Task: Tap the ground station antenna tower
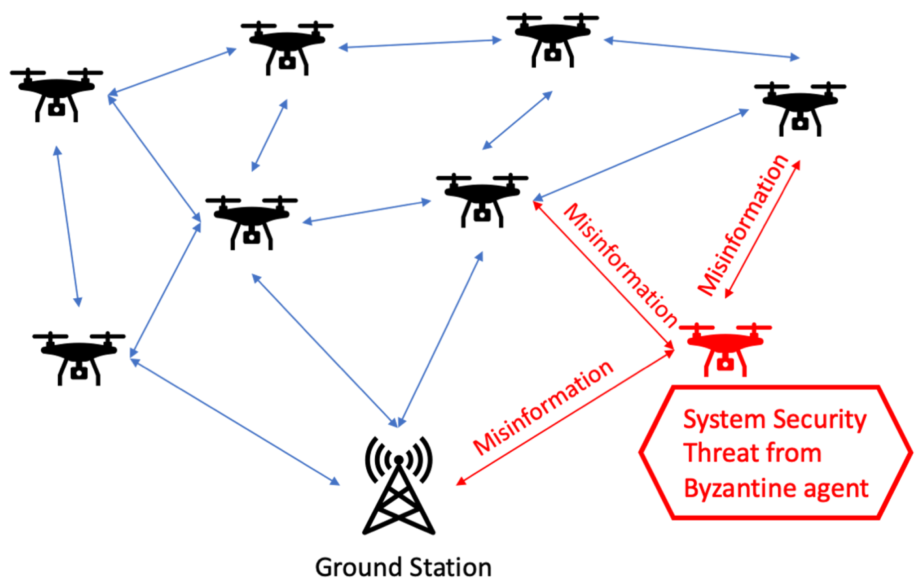(x=399, y=502)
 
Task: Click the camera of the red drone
(x=725, y=364)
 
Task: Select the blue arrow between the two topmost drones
(x=420, y=44)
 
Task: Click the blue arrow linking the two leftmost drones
(x=67, y=226)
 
